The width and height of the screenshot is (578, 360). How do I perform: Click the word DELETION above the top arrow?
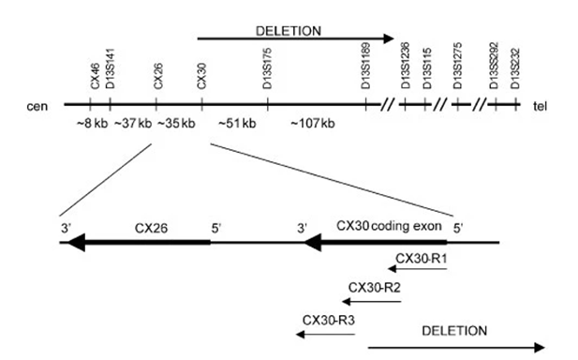pos(289,31)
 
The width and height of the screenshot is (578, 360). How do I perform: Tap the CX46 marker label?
pos(96,76)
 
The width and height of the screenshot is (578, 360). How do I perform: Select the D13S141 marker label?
pos(111,69)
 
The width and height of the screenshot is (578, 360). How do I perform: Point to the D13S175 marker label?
pos(267,68)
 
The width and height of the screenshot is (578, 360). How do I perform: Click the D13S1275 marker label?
pos(457,66)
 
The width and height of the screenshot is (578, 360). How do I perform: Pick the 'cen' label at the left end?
pos(37,106)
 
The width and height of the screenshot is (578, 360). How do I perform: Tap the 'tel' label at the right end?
pos(540,106)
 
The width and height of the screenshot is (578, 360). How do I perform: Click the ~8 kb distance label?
pos(92,123)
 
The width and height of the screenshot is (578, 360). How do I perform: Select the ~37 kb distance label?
pos(133,123)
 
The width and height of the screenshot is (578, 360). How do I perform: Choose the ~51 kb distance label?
pos(237,123)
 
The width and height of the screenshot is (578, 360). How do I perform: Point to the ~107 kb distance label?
pos(313,123)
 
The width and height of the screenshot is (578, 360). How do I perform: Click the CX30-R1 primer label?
pos(422,259)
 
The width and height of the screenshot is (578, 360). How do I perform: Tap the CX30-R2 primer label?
pos(374,287)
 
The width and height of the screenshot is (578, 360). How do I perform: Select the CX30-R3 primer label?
pos(329,320)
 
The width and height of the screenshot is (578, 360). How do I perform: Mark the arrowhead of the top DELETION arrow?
pos(389,38)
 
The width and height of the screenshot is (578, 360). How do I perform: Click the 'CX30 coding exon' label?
pos(389,226)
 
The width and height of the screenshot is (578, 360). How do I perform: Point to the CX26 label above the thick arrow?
pos(151,229)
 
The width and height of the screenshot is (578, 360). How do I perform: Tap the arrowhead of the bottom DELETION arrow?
pos(540,348)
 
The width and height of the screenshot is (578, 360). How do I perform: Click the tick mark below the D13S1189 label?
pos(365,104)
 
